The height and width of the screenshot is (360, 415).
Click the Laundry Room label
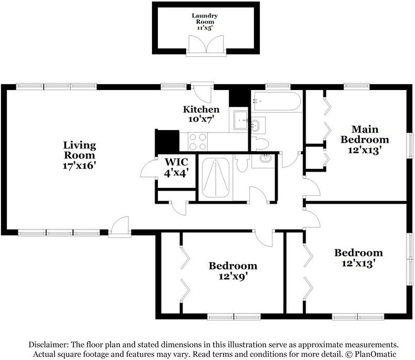tap(205, 18)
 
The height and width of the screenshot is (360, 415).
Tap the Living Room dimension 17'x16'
tap(79, 166)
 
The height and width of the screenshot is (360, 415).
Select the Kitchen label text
tap(201, 109)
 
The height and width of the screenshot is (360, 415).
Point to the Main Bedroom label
tap(365, 134)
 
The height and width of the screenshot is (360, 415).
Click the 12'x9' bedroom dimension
tap(233, 276)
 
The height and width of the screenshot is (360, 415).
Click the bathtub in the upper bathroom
tap(277, 101)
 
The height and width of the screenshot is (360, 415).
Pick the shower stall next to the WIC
tap(216, 177)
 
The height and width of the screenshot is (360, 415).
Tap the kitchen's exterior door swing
tap(202, 94)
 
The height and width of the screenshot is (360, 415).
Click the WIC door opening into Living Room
tap(148, 168)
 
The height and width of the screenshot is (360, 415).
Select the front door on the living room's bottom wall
tap(119, 225)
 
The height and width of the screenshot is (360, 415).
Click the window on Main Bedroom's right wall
tap(410, 146)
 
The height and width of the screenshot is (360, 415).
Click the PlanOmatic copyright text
tap(371, 354)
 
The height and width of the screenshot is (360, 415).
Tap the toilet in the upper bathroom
tap(260, 143)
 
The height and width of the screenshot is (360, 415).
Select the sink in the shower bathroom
tap(265, 158)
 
